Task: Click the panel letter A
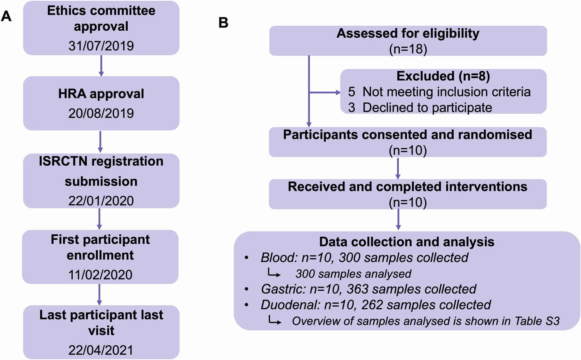click(6, 16)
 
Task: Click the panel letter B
click(223, 23)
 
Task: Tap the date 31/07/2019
click(101, 46)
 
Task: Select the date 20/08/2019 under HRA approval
click(101, 113)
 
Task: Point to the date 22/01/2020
click(101, 201)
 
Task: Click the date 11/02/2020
click(100, 275)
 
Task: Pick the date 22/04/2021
click(101, 350)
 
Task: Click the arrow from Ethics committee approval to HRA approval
click(101, 66)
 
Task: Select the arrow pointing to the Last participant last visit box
click(99, 294)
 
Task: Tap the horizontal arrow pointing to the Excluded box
click(325, 93)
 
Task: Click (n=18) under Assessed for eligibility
click(408, 49)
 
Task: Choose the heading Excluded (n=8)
click(443, 76)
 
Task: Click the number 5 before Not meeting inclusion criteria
click(352, 92)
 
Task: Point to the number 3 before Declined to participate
click(352, 108)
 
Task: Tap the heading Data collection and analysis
click(407, 242)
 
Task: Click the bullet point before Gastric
click(246, 289)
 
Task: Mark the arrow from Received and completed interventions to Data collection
click(398, 219)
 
